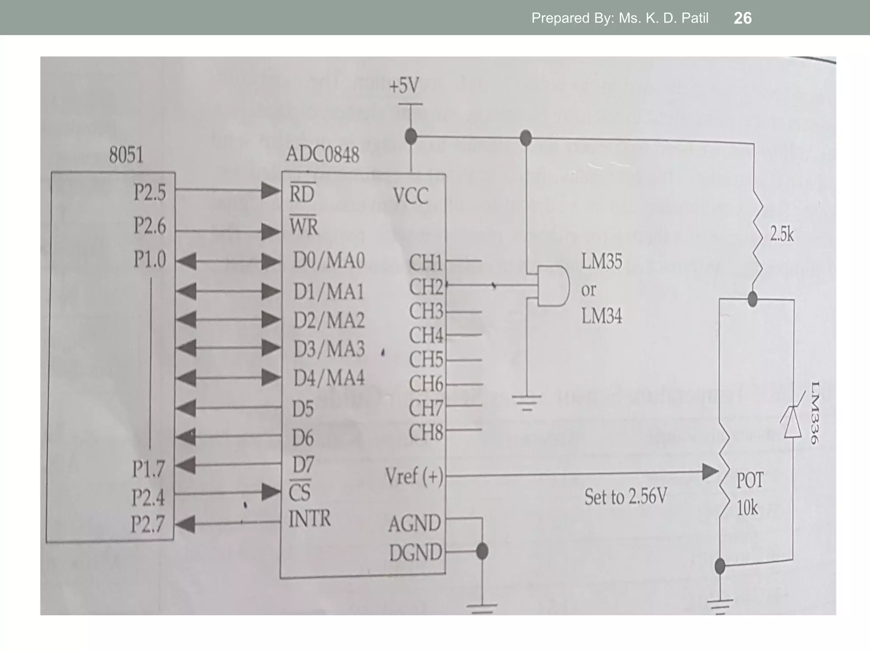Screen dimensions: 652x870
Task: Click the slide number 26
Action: (743, 18)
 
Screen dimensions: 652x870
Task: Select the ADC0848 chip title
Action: (322, 154)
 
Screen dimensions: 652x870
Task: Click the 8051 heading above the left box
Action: (126, 155)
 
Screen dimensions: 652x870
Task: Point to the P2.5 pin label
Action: (150, 193)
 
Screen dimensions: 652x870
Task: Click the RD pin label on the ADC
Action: (302, 194)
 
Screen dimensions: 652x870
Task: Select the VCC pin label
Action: (410, 196)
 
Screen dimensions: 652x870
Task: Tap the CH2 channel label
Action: (425, 287)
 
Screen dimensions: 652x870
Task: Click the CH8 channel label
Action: (425, 433)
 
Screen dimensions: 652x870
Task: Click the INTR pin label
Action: (309, 519)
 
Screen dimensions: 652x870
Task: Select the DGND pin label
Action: (415, 553)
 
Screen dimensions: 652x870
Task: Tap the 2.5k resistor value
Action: (782, 234)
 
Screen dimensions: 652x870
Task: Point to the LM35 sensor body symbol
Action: (553, 286)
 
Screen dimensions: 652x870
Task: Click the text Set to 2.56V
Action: (625, 497)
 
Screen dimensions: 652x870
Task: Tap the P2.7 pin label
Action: (147, 524)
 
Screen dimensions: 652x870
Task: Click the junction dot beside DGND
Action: (482, 551)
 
